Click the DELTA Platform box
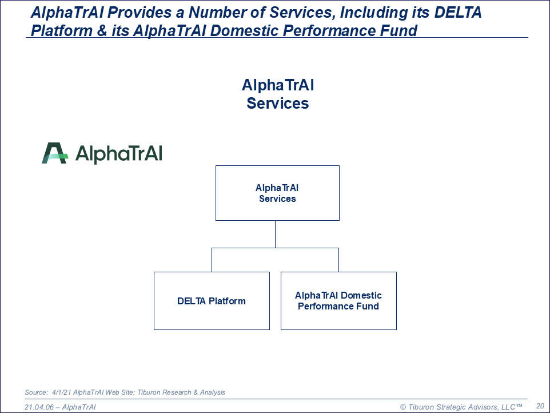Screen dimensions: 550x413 click(x=212, y=301)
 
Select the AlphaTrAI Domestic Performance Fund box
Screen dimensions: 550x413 click(x=338, y=301)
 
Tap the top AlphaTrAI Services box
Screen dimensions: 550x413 click(x=277, y=193)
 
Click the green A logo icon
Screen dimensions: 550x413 click(x=55, y=153)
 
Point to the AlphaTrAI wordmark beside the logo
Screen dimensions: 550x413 click(x=119, y=154)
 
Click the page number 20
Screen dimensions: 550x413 click(x=540, y=406)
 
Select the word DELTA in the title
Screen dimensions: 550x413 click(x=458, y=12)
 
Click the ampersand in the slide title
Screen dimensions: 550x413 click(x=102, y=30)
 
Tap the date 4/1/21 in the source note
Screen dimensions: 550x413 click(x=62, y=392)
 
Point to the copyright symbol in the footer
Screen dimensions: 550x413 click(x=403, y=407)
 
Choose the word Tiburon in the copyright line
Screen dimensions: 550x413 click(x=421, y=407)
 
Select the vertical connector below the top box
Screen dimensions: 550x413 click(x=276, y=235)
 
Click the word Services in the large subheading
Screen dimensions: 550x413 click(x=277, y=103)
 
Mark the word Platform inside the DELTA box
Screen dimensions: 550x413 click(x=227, y=301)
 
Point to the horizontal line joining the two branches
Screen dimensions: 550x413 click(x=276, y=248)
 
